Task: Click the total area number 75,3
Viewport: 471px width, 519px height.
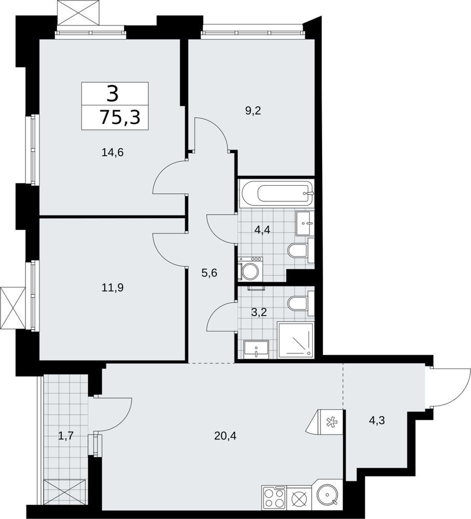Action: (120, 117)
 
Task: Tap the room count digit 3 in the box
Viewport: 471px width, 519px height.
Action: (113, 93)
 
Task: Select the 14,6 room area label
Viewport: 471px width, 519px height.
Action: (113, 153)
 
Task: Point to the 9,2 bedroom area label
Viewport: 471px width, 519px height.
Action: (253, 111)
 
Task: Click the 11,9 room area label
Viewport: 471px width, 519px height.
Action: (113, 288)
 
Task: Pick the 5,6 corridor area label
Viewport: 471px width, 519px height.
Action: (210, 273)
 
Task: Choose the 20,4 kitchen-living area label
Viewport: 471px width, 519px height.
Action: (225, 436)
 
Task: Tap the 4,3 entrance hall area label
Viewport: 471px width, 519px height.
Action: (377, 421)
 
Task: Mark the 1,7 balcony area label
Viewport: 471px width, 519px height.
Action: (65, 436)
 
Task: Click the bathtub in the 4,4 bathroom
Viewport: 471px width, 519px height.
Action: (277, 193)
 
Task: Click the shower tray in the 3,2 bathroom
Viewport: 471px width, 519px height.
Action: (295, 340)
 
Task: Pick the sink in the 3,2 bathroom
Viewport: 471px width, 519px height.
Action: (256, 349)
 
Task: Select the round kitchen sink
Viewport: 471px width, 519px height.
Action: (327, 495)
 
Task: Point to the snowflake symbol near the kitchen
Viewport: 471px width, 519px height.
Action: (330, 421)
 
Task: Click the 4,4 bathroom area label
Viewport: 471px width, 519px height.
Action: (262, 229)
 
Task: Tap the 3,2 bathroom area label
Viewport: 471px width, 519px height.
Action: (259, 312)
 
